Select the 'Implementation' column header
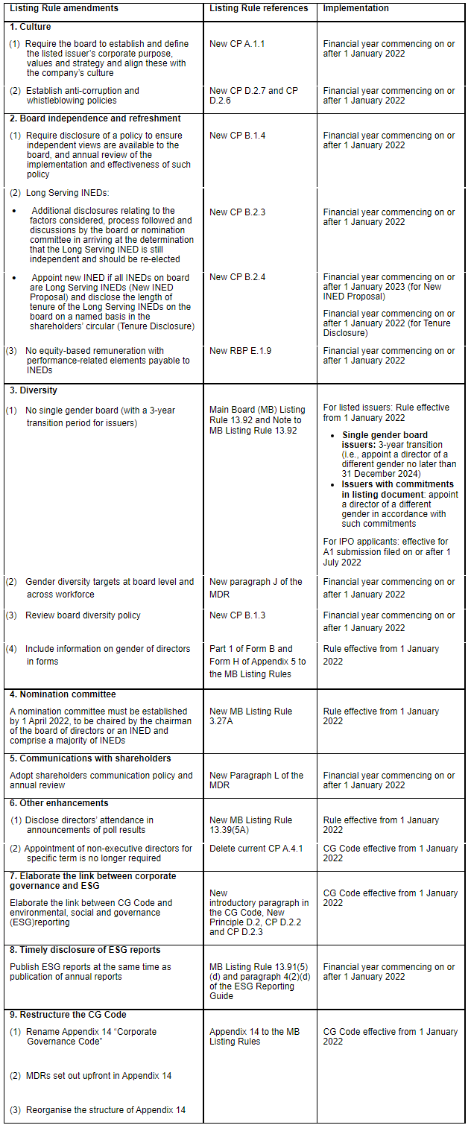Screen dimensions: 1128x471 355,8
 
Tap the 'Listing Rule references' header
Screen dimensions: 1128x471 258,8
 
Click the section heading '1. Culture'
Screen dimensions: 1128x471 31,27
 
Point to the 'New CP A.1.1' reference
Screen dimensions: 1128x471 237,44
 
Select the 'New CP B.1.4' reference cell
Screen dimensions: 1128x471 237,136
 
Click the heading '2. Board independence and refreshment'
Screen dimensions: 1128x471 95,118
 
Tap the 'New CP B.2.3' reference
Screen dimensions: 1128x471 237,212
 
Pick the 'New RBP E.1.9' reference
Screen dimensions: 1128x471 240,351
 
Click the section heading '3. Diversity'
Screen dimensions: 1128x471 34,390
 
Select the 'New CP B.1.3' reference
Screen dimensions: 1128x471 237,615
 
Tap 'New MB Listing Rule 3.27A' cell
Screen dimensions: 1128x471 250,716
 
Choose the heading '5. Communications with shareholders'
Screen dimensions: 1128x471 90,758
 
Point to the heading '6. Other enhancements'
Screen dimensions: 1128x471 59,803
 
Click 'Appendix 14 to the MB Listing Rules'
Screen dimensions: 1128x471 254,1036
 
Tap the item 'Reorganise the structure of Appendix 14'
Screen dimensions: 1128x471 105,1110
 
